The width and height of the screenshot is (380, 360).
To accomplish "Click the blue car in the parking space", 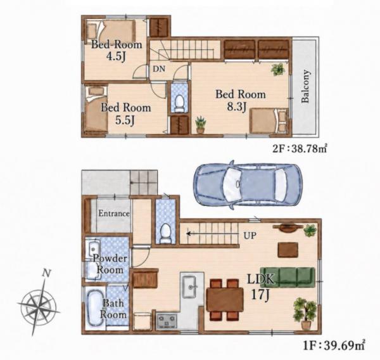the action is click(x=248, y=185).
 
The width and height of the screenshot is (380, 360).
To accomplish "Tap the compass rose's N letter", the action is click(x=46, y=273).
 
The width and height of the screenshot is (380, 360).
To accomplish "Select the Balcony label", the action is click(x=305, y=86).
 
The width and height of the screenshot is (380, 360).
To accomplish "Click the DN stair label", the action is click(x=159, y=69).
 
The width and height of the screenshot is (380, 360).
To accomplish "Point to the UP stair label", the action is click(x=250, y=235).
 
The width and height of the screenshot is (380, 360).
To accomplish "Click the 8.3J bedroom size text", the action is click(x=236, y=106).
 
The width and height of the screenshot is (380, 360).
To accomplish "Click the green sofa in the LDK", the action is click(x=288, y=276).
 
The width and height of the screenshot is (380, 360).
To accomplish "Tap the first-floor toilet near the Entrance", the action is click(x=166, y=233).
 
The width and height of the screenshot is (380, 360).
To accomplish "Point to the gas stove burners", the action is click(x=167, y=321).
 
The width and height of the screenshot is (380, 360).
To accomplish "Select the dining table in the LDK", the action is click(x=225, y=299).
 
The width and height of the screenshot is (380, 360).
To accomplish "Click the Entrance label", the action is click(x=114, y=214).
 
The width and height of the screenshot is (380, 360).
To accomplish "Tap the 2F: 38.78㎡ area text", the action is click(x=300, y=148).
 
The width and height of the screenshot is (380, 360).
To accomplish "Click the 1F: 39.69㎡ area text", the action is click(x=334, y=345).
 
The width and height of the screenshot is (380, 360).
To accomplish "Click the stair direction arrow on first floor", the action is click(x=212, y=234).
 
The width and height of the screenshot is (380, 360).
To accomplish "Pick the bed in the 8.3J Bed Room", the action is click(x=269, y=120).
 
